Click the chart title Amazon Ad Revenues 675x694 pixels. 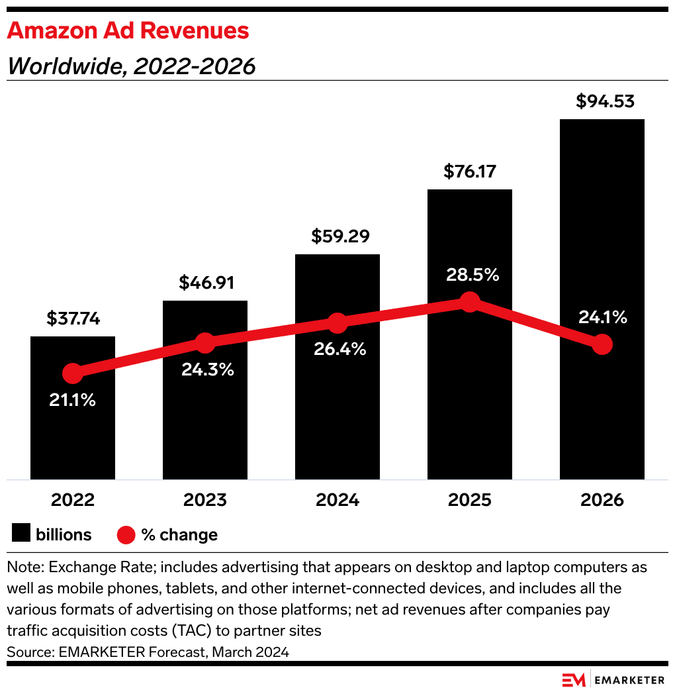128,30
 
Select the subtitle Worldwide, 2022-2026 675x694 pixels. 131,66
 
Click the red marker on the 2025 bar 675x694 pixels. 469,302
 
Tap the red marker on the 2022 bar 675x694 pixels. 72,373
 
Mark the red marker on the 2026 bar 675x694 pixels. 602,344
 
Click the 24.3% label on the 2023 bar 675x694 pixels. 208,370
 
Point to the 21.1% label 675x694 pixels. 72,400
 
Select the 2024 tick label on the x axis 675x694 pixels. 337,499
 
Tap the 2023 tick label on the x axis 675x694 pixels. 205,499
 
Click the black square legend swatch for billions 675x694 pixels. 21,534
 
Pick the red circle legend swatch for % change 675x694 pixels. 126,534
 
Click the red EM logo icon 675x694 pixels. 574,680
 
